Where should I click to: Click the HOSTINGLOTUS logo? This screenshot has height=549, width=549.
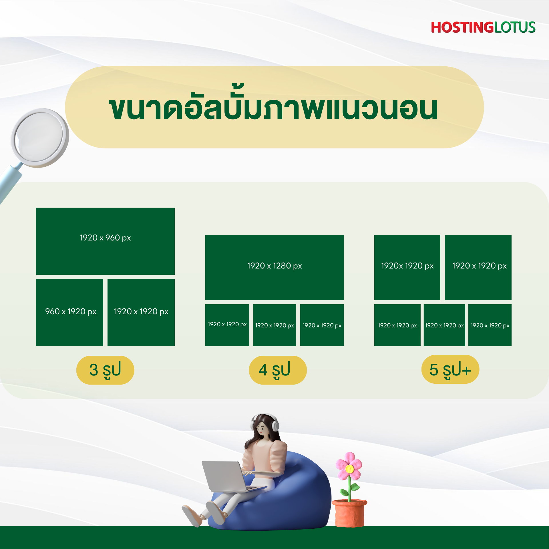point(483,27)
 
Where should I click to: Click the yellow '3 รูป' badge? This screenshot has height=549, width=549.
point(105,370)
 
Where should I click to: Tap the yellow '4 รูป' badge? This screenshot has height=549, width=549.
point(278,370)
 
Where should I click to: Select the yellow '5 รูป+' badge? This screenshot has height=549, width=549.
point(450,369)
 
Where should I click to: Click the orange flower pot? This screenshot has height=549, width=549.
point(349,513)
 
